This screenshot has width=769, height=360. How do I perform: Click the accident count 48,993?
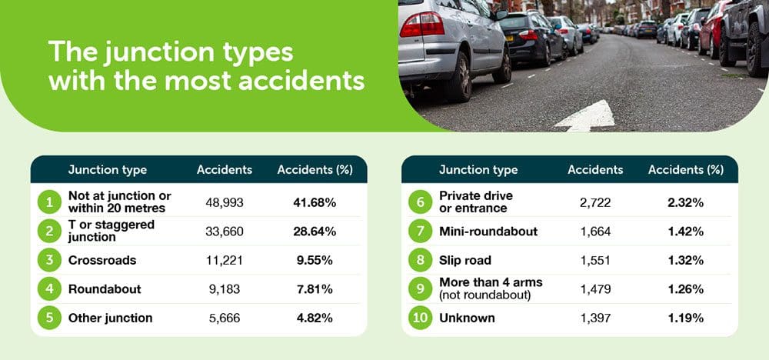[x=224, y=202]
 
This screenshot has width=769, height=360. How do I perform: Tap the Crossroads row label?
[x=102, y=260]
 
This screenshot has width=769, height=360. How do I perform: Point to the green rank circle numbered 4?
[x=49, y=289]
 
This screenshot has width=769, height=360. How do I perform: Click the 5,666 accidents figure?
[x=224, y=318]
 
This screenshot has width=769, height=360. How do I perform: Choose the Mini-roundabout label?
[x=488, y=231]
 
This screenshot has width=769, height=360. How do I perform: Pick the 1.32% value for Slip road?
[x=685, y=260]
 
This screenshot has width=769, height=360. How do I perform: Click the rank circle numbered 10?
[x=421, y=318]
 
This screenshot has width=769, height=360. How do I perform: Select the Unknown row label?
[x=467, y=318]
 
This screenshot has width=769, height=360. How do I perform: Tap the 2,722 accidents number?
[x=595, y=202]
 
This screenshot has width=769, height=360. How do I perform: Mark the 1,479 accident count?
[x=595, y=289]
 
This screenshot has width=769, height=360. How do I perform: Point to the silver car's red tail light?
[x=421, y=25]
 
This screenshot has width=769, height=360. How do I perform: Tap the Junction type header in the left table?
[x=108, y=170]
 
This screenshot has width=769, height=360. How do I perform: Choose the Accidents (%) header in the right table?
[x=686, y=170]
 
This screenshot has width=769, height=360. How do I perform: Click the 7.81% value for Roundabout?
[x=315, y=289]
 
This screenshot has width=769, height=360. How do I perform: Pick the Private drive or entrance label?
[x=469, y=202]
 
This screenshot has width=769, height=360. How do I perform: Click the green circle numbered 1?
[x=49, y=202]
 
